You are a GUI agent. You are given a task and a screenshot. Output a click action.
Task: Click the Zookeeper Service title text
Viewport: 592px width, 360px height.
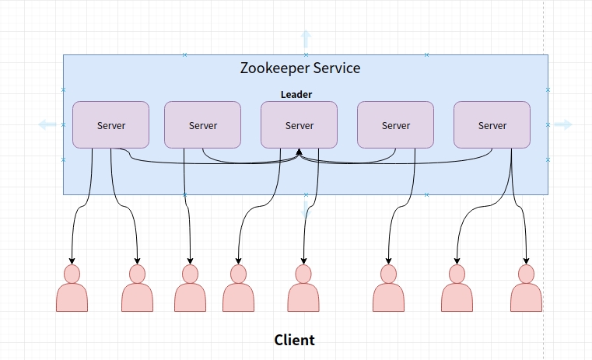(x=301, y=68)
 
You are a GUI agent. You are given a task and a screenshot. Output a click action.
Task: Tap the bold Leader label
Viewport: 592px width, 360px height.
(x=296, y=95)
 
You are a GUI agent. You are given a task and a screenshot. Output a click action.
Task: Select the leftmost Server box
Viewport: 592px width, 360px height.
(x=110, y=124)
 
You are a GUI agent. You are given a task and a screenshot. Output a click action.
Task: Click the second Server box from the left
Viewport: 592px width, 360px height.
(x=202, y=124)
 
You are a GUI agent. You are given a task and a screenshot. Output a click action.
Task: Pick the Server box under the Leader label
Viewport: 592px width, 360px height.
(x=299, y=124)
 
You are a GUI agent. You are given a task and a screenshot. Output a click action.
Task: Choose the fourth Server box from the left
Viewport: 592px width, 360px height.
(x=395, y=124)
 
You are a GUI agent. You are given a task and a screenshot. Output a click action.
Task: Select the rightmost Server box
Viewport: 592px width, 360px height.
(x=492, y=124)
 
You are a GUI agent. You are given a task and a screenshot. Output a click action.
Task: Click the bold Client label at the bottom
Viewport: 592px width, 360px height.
(x=294, y=340)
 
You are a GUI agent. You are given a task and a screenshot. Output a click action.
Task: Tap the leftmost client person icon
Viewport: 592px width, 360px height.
(x=72, y=289)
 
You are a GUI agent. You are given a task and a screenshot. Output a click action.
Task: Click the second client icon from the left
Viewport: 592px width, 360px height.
(x=137, y=289)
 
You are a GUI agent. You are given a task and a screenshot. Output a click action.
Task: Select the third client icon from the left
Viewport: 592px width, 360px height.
(x=190, y=289)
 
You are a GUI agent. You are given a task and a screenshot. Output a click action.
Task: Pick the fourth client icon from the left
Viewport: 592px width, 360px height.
(x=238, y=289)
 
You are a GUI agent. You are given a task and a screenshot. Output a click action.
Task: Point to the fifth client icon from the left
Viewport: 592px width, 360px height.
(x=303, y=289)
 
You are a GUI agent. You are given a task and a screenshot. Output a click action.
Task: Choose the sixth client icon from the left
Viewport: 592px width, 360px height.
(x=388, y=289)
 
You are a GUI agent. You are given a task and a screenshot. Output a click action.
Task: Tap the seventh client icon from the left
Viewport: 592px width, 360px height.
(x=457, y=289)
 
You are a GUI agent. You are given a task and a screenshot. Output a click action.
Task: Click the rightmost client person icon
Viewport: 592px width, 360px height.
(x=526, y=289)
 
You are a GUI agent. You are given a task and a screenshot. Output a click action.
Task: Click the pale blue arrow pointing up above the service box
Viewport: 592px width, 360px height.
(x=306, y=39)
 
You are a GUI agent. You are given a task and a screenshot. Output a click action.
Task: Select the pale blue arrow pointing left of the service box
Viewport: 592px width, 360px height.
(x=47, y=124)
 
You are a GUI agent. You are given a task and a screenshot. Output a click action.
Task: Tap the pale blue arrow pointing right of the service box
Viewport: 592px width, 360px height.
(x=563, y=124)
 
